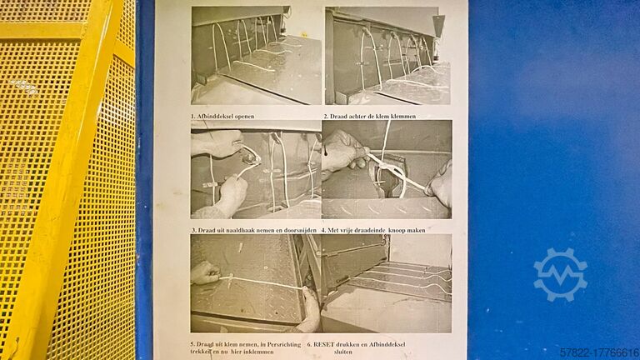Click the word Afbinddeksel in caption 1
(215, 117)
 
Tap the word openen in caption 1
(244, 117)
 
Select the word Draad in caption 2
(338, 117)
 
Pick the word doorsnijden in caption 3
(300, 230)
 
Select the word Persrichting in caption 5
(284, 344)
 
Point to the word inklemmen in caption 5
(260, 352)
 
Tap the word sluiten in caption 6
(343, 352)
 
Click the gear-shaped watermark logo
(561, 274)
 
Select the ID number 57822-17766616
(599, 352)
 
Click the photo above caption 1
(257, 55)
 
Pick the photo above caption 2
(387, 56)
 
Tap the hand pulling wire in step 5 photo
(205, 273)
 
